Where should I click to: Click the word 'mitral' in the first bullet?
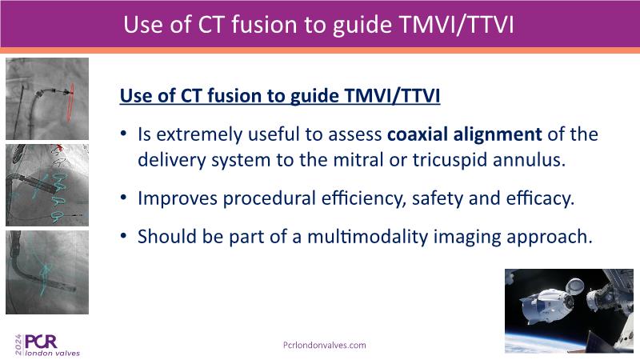[358, 159]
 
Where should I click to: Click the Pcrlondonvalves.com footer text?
[325, 346]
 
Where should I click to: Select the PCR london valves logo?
[47, 345]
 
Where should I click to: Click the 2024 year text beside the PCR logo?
[18, 345]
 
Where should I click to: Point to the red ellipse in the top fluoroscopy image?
[70, 102]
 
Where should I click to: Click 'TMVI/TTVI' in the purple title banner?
[456, 25]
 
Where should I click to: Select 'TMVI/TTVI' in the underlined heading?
[392, 96]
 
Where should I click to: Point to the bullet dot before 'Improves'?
[124, 198]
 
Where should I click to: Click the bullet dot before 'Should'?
[124, 236]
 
